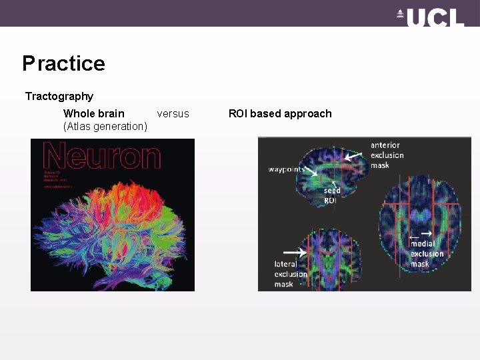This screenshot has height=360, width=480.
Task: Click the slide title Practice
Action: pos(63,63)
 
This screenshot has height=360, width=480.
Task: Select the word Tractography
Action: pos(59,97)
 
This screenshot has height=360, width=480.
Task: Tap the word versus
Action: pos(173,113)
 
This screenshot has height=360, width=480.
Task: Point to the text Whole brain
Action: pos(93,113)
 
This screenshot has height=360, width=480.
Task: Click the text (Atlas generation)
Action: pos(105,127)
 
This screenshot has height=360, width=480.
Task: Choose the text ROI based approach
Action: pos(280,113)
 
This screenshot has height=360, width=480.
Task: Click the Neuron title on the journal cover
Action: pos(101,156)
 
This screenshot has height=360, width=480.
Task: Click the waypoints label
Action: pos(287,169)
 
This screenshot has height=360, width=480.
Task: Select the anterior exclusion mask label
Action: pos(387,155)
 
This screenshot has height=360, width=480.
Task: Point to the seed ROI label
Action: pos(332,195)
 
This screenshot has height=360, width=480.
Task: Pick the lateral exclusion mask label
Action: pos(291,274)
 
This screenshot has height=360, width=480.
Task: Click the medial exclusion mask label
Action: pos(427,254)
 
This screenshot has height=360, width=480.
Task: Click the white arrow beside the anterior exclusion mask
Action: pos(354,156)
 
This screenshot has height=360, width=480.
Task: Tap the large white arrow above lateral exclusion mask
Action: pos(295,253)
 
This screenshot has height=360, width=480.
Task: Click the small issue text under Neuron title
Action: pos(55,179)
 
